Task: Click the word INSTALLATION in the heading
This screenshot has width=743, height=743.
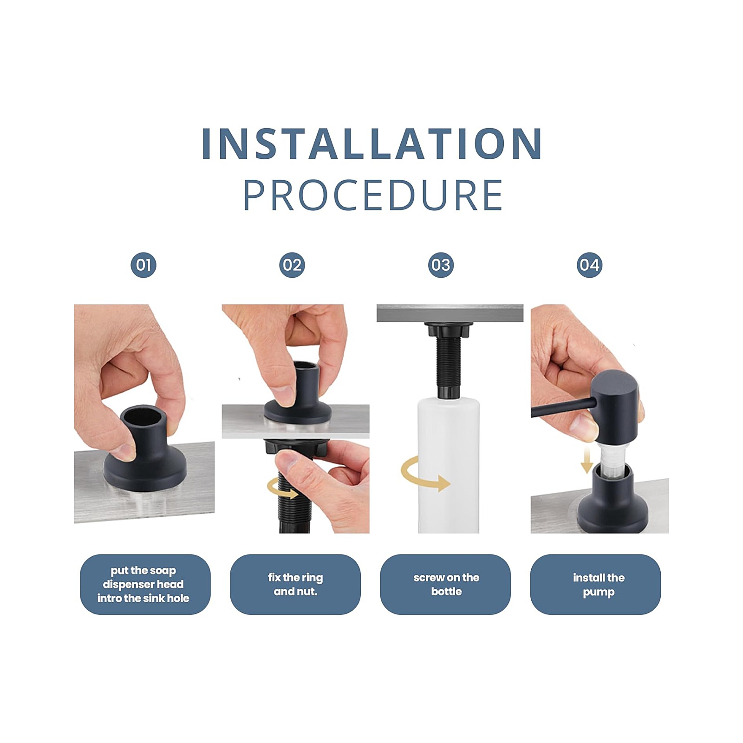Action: [x=372, y=143]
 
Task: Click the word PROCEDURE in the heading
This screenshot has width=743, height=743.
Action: [x=373, y=196]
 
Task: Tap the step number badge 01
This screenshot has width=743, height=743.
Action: [x=143, y=265]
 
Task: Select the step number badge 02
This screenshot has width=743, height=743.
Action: [x=292, y=265]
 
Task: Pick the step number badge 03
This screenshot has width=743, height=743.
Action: [x=441, y=265]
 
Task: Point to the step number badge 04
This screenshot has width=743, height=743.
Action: [x=589, y=265]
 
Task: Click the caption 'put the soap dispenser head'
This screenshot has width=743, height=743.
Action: [x=143, y=577]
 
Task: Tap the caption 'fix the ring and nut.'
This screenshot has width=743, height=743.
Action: [x=295, y=584]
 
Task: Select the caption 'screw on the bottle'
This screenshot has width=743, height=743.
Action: [x=446, y=584]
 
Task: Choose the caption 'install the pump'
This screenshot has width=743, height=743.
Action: [x=599, y=585]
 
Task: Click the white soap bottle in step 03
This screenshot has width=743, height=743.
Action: [x=448, y=464]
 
